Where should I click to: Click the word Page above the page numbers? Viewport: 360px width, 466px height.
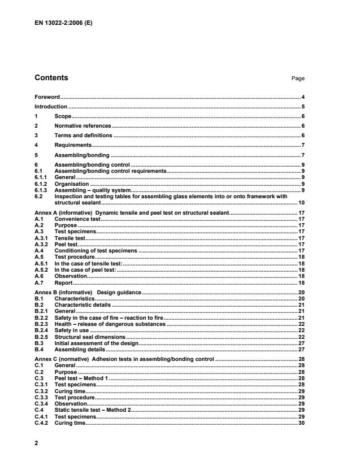pos(298,79)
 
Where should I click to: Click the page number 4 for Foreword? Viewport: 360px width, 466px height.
pos(303,97)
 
